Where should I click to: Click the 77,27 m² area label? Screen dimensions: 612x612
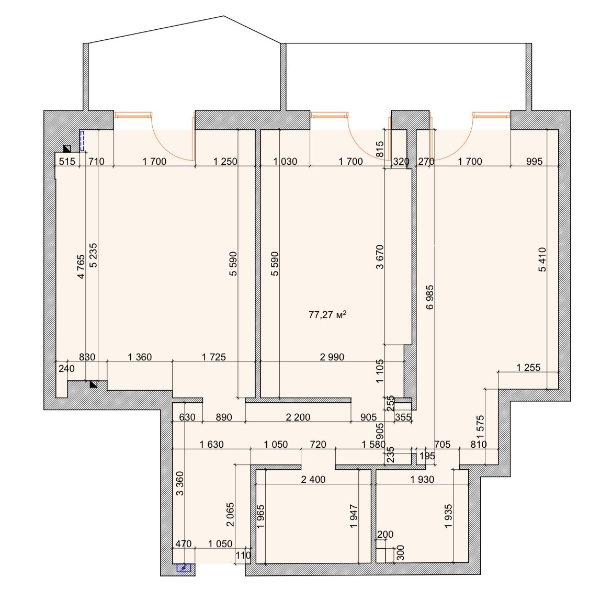click(327, 314)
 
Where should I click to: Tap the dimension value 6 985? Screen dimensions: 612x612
click(430, 298)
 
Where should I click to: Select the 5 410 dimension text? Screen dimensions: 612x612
click(542, 259)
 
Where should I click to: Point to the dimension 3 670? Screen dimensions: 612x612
click(380, 257)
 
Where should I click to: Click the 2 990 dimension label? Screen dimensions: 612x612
click(332, 357)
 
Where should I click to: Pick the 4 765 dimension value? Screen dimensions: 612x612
click(81, 267)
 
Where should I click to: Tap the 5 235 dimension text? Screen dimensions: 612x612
click(93, 256)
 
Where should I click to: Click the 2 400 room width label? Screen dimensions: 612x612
click(313, 479)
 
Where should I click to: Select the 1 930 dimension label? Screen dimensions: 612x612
click(422, 479)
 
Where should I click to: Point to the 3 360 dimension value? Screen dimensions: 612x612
click(179, 484)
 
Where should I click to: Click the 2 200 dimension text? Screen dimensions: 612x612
click(298, 417)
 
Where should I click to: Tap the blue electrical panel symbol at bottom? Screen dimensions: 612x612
click(184, 568)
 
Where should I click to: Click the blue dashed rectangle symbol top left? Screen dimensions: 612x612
click(82, 141)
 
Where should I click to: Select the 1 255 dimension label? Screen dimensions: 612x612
click(528, 368)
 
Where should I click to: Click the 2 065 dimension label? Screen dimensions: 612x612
click(230, 515)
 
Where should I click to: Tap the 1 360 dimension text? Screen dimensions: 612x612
click(140, 357)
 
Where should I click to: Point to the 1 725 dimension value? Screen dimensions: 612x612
click(214, 357)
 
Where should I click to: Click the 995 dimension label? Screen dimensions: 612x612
click(535, 161)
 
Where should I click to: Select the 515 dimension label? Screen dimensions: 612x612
click(67, 161)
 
